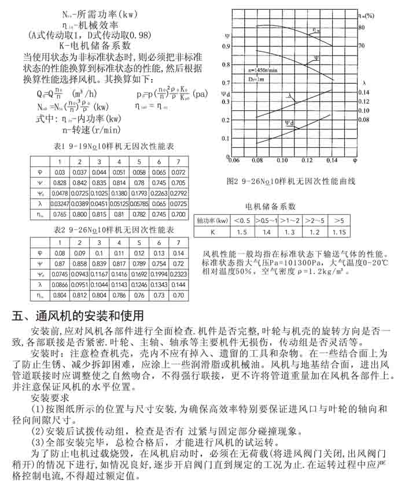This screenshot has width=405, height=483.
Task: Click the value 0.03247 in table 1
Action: tap(60, 204)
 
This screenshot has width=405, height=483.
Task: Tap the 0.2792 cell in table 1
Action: tap(178, 193)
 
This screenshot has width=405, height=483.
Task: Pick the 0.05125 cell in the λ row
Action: tap(119, 204)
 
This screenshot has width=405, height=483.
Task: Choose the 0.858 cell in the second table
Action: tap(79, 263)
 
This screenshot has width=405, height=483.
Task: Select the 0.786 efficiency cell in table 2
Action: tap(119, 295)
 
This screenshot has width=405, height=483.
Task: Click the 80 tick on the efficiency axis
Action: tap(362, 27)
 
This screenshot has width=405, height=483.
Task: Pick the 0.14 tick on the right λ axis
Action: tap(364, 92)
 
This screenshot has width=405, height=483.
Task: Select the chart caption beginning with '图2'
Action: tap(290, 181)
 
